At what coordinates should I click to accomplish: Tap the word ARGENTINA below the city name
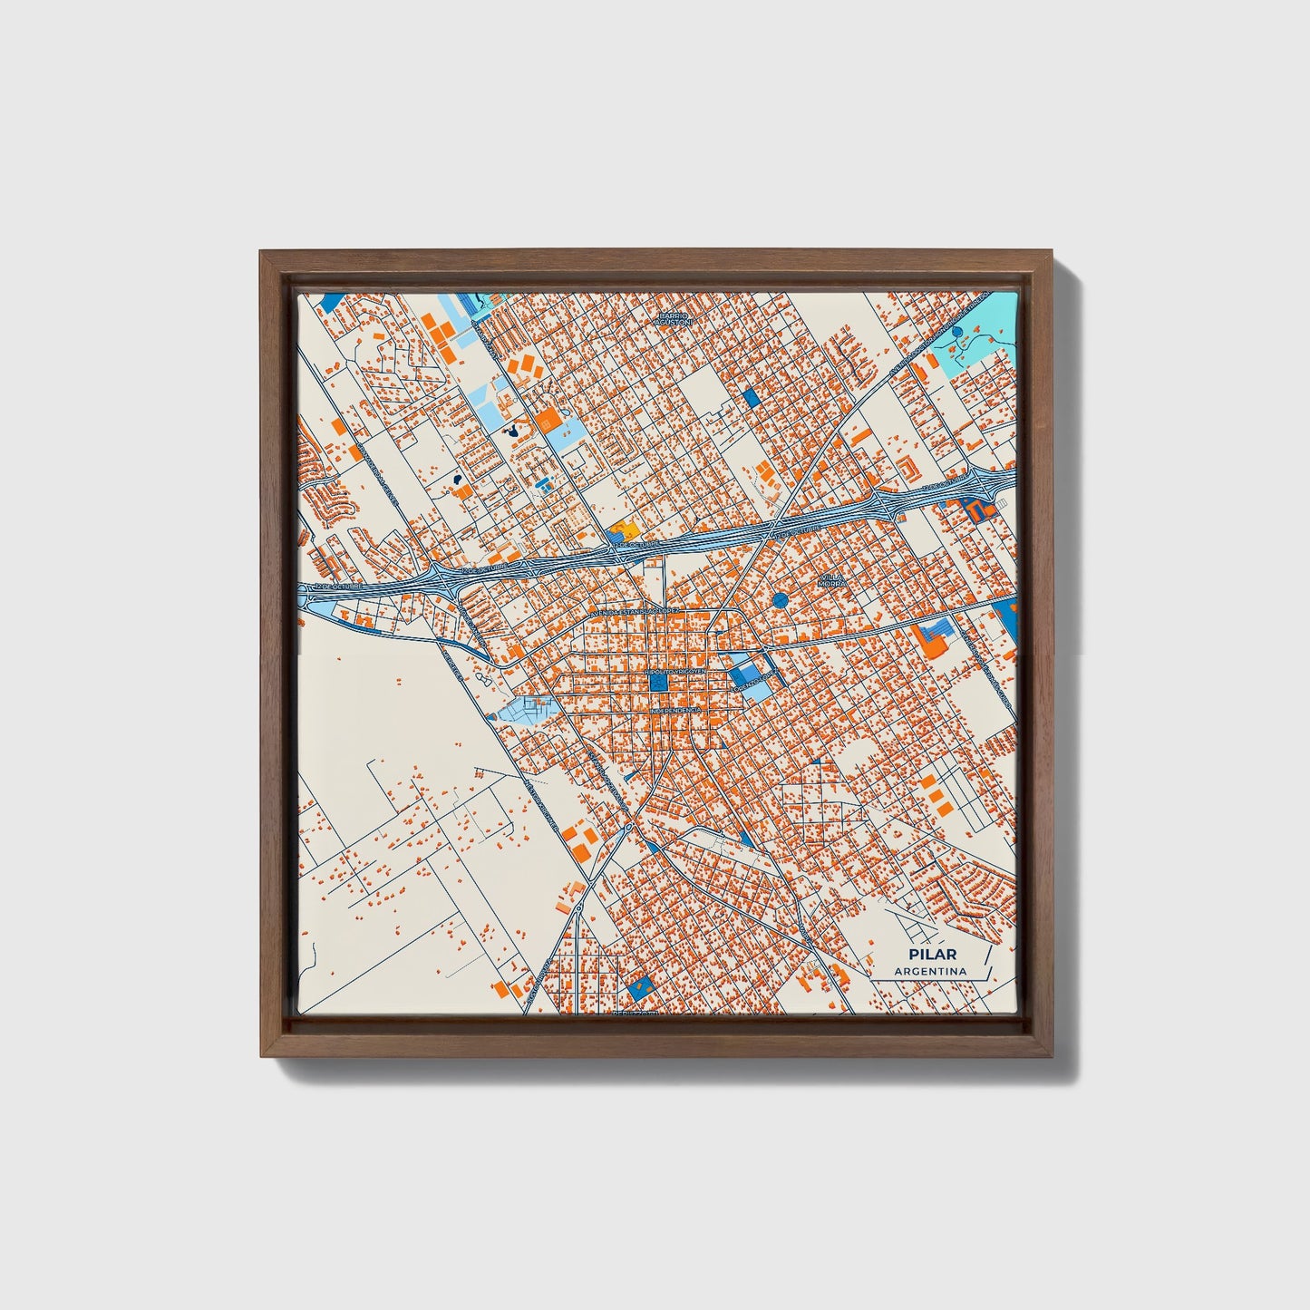click(930, 972)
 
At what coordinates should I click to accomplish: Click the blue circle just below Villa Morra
click(781, 600)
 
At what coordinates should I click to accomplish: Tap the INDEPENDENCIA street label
click(674, 711)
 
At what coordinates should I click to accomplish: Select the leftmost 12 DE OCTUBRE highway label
click(338, 587)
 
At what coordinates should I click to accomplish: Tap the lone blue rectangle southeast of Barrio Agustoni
click(750, 397)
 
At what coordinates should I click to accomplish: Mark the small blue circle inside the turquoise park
click(958, 333)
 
